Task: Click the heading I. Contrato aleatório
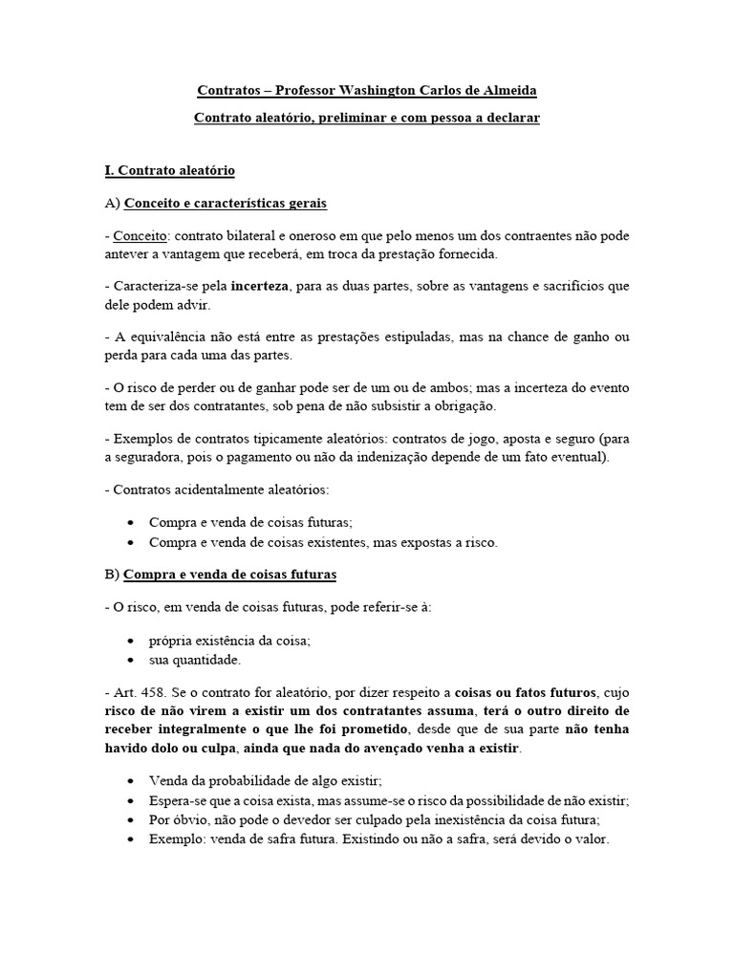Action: click(x=169, y=170)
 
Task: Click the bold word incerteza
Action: click(x=266, y=287)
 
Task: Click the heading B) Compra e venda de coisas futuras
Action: click(x=229, y=575)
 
